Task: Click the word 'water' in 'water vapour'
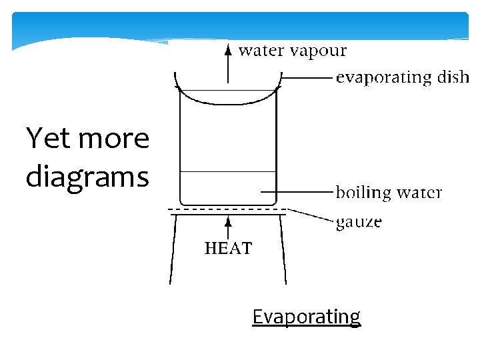(x=260, y=51)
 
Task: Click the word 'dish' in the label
(x=453, y=77)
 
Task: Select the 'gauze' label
(x=359, y=221)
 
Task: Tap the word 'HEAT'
(x=228, y=249)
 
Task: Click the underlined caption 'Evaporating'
(x=306, y=316)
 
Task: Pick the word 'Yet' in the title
(x=47, y=139)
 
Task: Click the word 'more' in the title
(x=113, y=139)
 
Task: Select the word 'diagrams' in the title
(x=87, y=177)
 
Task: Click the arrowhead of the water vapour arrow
(x=228, y=49)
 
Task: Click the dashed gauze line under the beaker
(x=227, y=211)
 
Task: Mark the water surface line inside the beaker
(x=228, y=171)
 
